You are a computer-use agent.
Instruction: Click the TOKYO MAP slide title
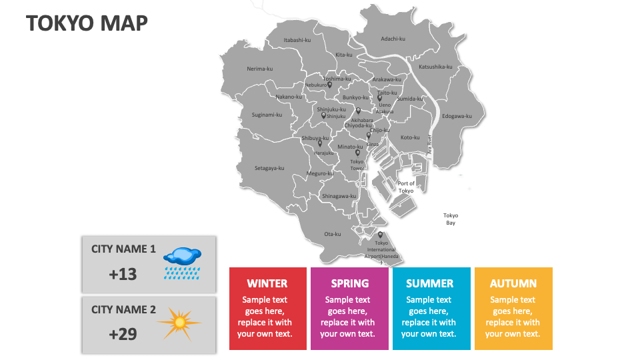pos(87,23)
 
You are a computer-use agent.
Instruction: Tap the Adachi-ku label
pos(393,39)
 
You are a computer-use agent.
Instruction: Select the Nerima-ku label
pos(259,69)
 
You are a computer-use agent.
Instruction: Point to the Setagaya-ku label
pos(269,168)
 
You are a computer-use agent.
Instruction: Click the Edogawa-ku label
pos(457,116)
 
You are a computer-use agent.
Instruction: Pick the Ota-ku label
pos(332,234)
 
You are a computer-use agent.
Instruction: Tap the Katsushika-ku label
pos(435,67)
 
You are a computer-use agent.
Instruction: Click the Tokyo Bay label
pos(451,219)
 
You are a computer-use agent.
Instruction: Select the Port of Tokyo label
pos(406,187)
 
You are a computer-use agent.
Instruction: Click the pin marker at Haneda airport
pos(380,235)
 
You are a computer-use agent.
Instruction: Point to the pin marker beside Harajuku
pos(320,143)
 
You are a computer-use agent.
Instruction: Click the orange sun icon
pos(179,323)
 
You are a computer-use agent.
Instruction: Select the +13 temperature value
pos(123,274)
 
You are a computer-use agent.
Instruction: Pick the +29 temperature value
pos(123,334)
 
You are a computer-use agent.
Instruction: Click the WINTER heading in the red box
pos(267,283)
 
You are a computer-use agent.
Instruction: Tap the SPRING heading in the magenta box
pos(349,283)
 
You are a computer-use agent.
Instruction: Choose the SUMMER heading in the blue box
pos(429,283)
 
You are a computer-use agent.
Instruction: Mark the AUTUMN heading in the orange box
pos(513,283)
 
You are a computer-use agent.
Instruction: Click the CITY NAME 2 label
pos(123,309)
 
